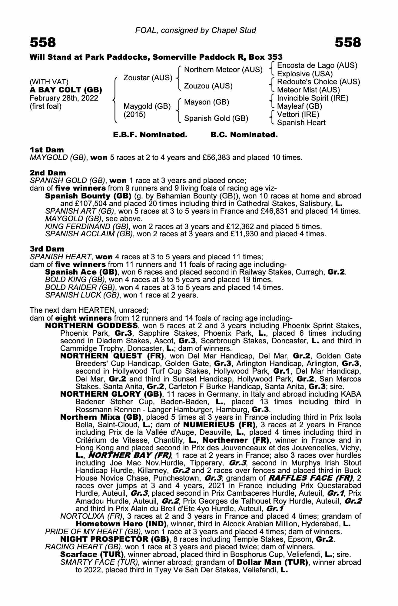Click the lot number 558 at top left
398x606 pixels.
tap(43, 42)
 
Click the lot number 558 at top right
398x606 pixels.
tap(348, 42)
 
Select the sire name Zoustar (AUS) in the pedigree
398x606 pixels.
tap(148, 78)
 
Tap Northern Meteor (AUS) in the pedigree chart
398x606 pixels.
tap(223, 70)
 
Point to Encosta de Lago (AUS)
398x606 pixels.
tap(317, 65)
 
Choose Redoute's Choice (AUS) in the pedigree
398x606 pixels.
tap(318, 82)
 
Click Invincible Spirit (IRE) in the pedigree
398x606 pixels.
tap(313, 98)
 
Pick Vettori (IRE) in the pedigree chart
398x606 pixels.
tap(298, 115)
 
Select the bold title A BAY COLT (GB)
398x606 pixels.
tap(66, 90)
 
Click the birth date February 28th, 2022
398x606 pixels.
tap(64, 98)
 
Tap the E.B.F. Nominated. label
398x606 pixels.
tap(150, 135)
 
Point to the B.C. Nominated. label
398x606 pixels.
tap(244, 135)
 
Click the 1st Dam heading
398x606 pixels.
tap(47, 150)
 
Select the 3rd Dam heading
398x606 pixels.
tap(47, 249)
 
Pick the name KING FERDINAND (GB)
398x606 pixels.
tap(87, 226)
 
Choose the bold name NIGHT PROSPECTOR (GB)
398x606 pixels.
tap(114, 539)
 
